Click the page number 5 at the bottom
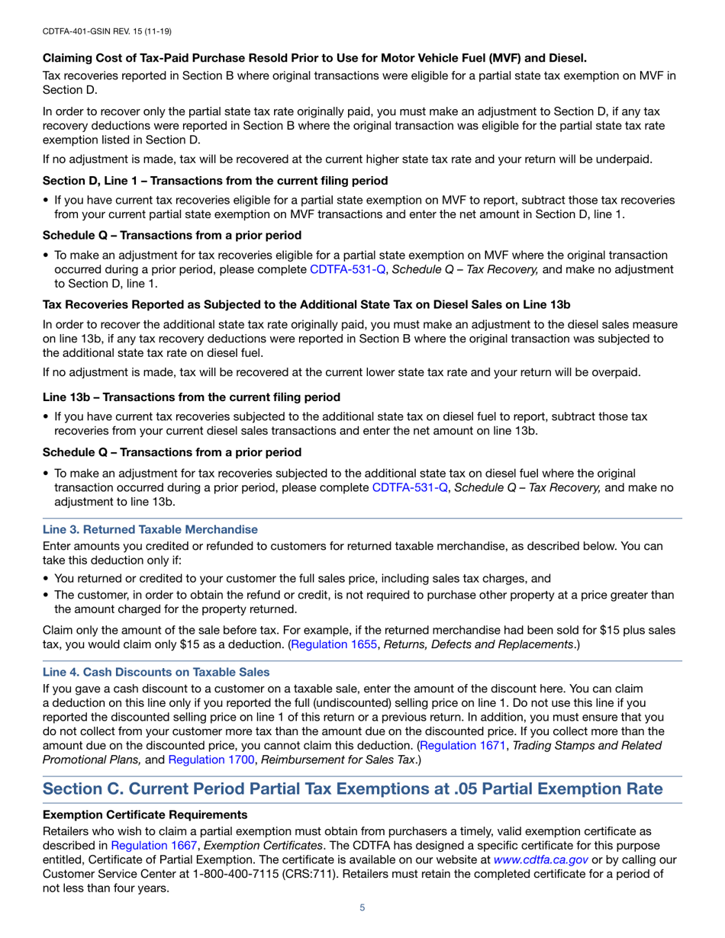362,907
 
